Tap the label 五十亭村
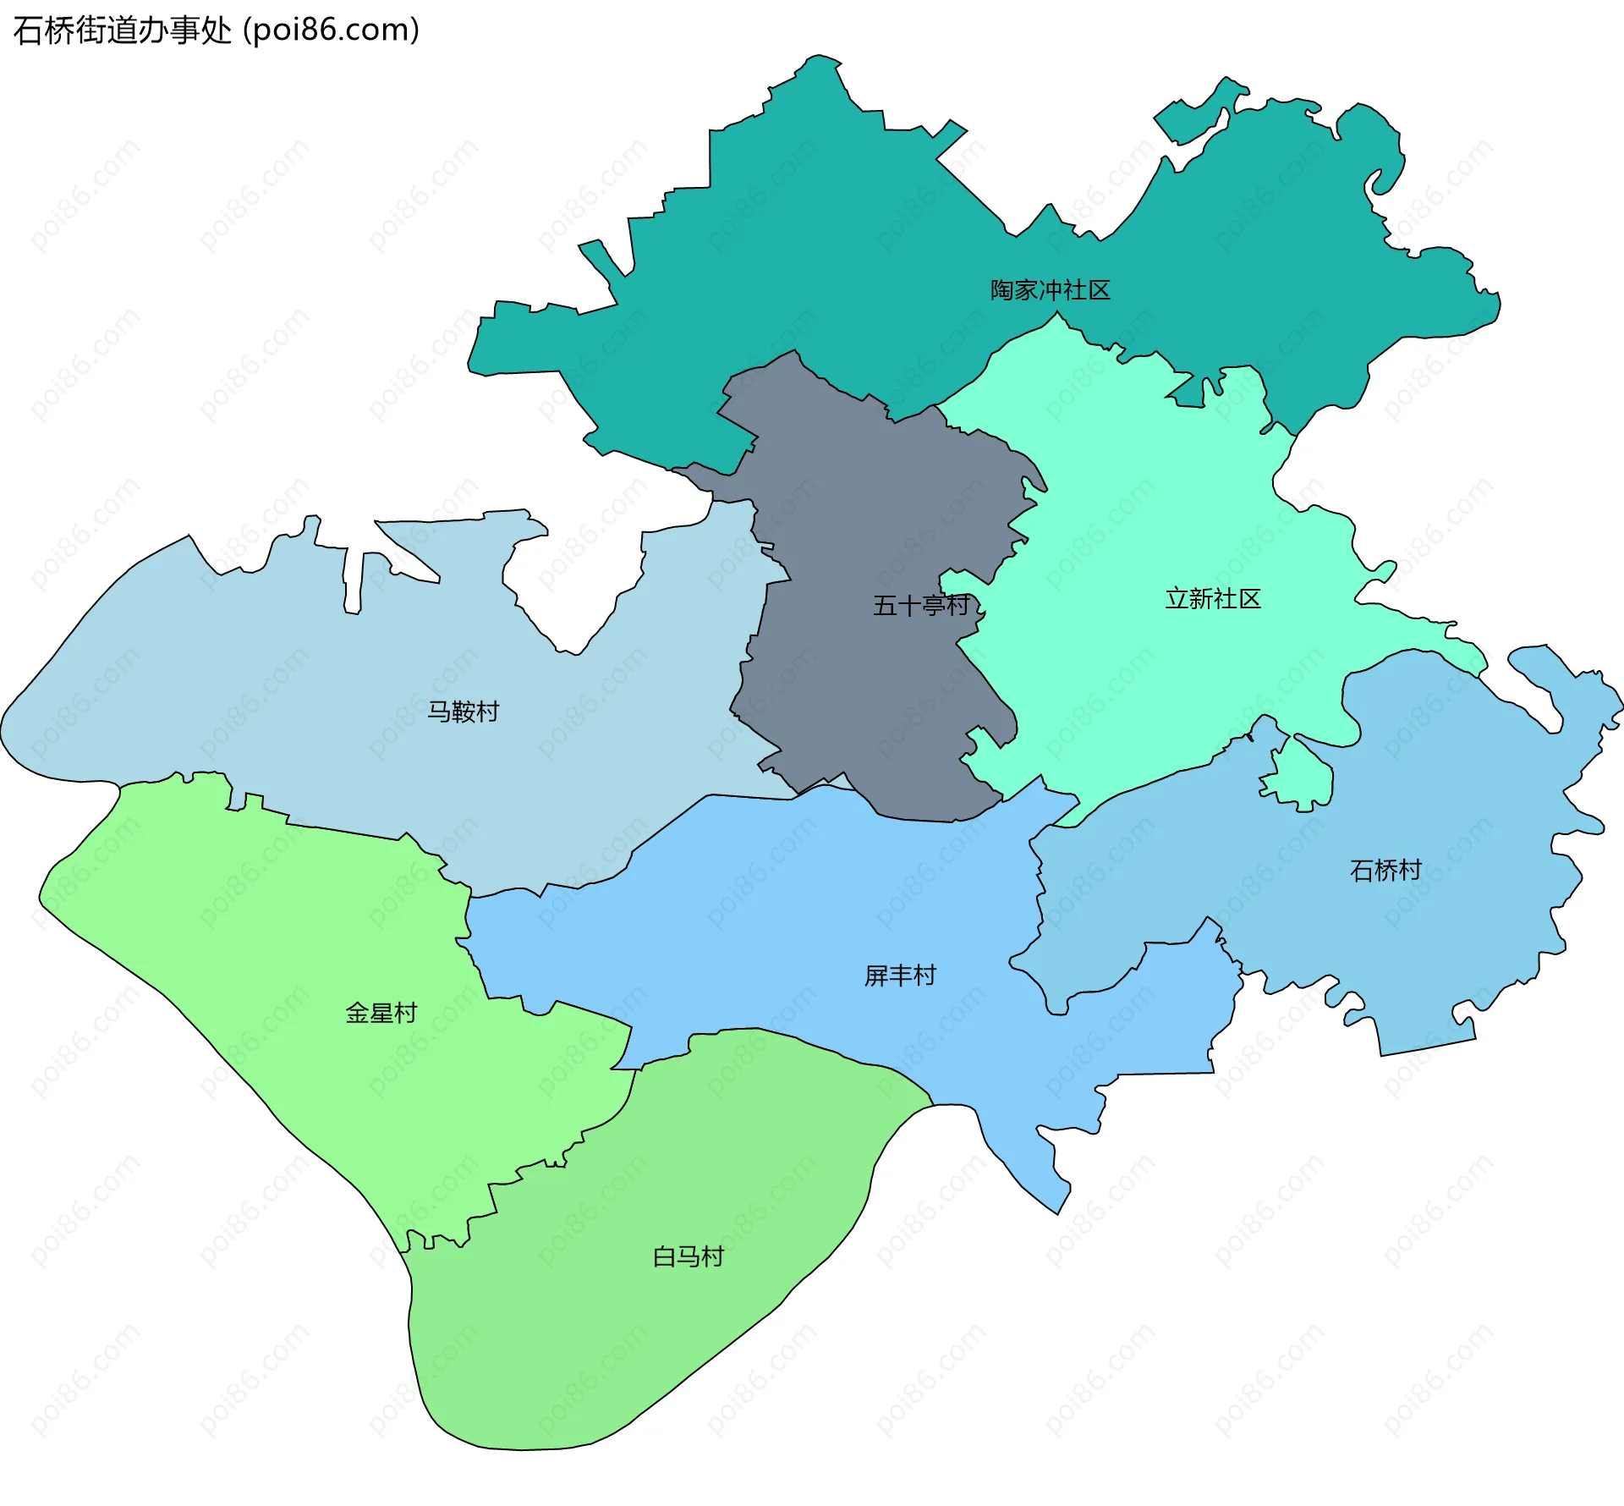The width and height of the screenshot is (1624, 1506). pos(920,605)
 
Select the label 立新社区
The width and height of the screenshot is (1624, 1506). pos(1213,599)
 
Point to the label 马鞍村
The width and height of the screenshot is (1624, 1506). pos(463,712)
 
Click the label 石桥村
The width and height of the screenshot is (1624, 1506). pos(1385,870)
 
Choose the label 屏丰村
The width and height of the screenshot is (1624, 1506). pos(900,976)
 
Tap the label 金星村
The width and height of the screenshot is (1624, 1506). pos(381,1013)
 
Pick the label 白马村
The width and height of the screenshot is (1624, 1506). pos(689,1256)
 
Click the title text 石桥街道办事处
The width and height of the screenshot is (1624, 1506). pos(123,30)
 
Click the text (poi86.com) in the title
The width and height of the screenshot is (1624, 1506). pos(331,30)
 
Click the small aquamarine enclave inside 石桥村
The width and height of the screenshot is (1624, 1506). pos(1303,774)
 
